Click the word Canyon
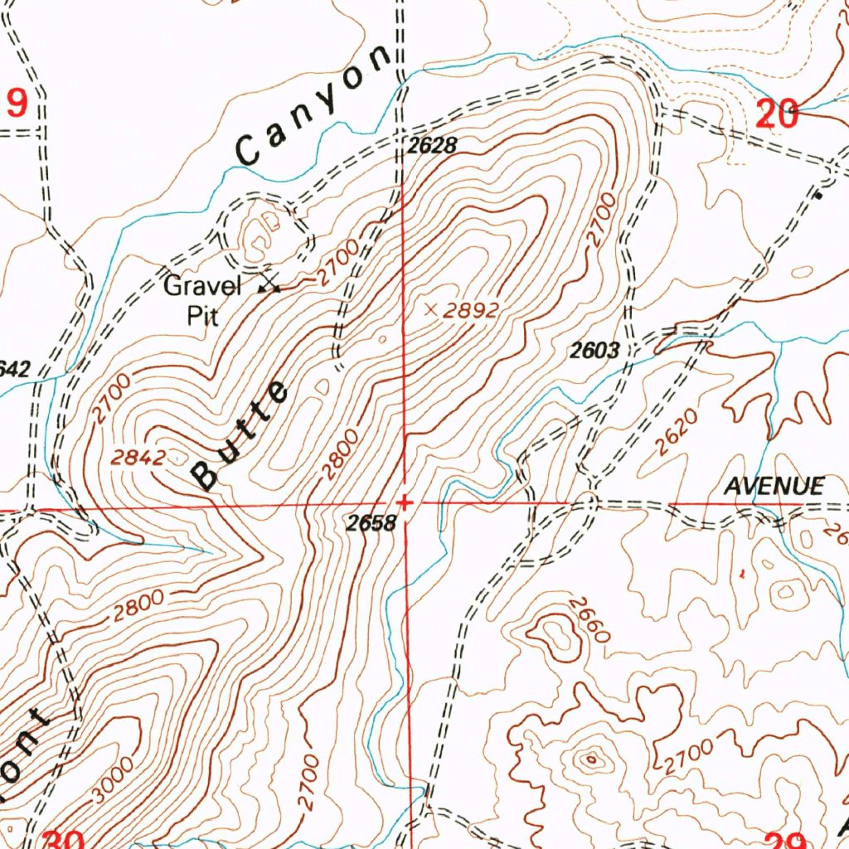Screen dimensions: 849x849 point(313,105)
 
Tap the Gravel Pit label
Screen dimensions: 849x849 point(201,300)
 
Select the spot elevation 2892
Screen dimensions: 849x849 point(471,311)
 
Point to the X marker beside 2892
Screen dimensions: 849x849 point(430,309)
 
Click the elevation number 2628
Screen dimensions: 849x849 point(432,147)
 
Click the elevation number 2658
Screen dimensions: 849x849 point(371,523)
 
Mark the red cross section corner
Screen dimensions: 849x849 point(405,502)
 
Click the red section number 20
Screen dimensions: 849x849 point(777,114)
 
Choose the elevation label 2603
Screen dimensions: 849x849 point(594,351)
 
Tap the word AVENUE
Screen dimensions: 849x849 point(774,487)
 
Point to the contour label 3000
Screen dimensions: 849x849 point(112,779)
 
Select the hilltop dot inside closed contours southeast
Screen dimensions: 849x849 point(591,757)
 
